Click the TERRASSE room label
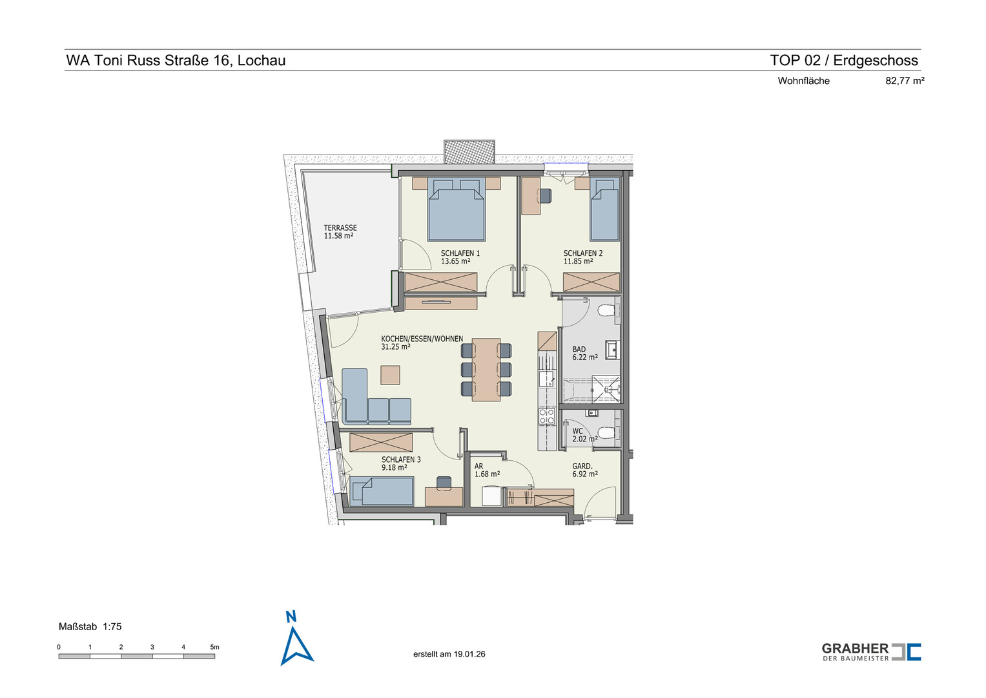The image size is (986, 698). pyautogui.click(x=340, y=227)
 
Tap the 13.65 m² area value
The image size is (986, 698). pyautogui.click(x=456, y=261)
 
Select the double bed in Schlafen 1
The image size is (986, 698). pyautogui.click(x=457, y=209)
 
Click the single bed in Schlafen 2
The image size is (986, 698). pyautogui.click(x=605, y=209)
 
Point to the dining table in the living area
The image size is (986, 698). pyautogui.click(x=486, y=370)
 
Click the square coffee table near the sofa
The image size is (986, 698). pyautogui.click(x=390, y=375)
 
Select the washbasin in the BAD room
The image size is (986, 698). pyautogui.click(x=612, y=350)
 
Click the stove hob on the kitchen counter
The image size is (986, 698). pyautogui.click(x=547, y=416)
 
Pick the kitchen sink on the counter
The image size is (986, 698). pyautogui.click(x=546, y=379)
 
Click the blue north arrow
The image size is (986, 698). pyautogui.click(x=296, y=646)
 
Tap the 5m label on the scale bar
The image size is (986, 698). pyautogui.click(x=214, y=648)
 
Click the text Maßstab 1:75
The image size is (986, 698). pyautogui.click(x=90, y=627)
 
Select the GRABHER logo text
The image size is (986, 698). pyautogui.click(x=856, y=649)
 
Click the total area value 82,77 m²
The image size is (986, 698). pyautogui.click(x=905, y=81)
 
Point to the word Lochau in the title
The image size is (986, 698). pyautogui.click(x=262, y=60)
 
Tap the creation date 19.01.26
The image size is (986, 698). pyautogui.click(x=469, y=654)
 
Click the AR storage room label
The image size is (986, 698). pyautogui.click(x=478, y=466)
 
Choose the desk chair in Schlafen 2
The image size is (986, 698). pyautogui.click(x=545, y=196)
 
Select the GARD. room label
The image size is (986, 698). pyautogui.click(x=582, y=466)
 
